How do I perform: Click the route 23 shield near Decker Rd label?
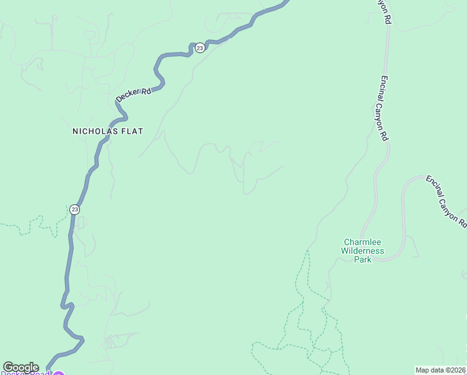(199, 48)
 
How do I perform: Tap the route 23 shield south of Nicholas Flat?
(75, 209)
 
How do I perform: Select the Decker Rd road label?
(134, 95)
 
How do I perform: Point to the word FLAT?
(132, 131)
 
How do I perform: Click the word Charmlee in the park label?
(363, 242)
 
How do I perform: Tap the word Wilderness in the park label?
(363, 251)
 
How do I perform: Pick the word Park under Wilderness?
(363, 259)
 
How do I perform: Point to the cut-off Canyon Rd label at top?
(384, 11)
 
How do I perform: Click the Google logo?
(21, 367)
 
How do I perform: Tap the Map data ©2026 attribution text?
(440, 369)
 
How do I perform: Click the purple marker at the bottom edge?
(58, 373)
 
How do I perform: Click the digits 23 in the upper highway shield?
(199, 48)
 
